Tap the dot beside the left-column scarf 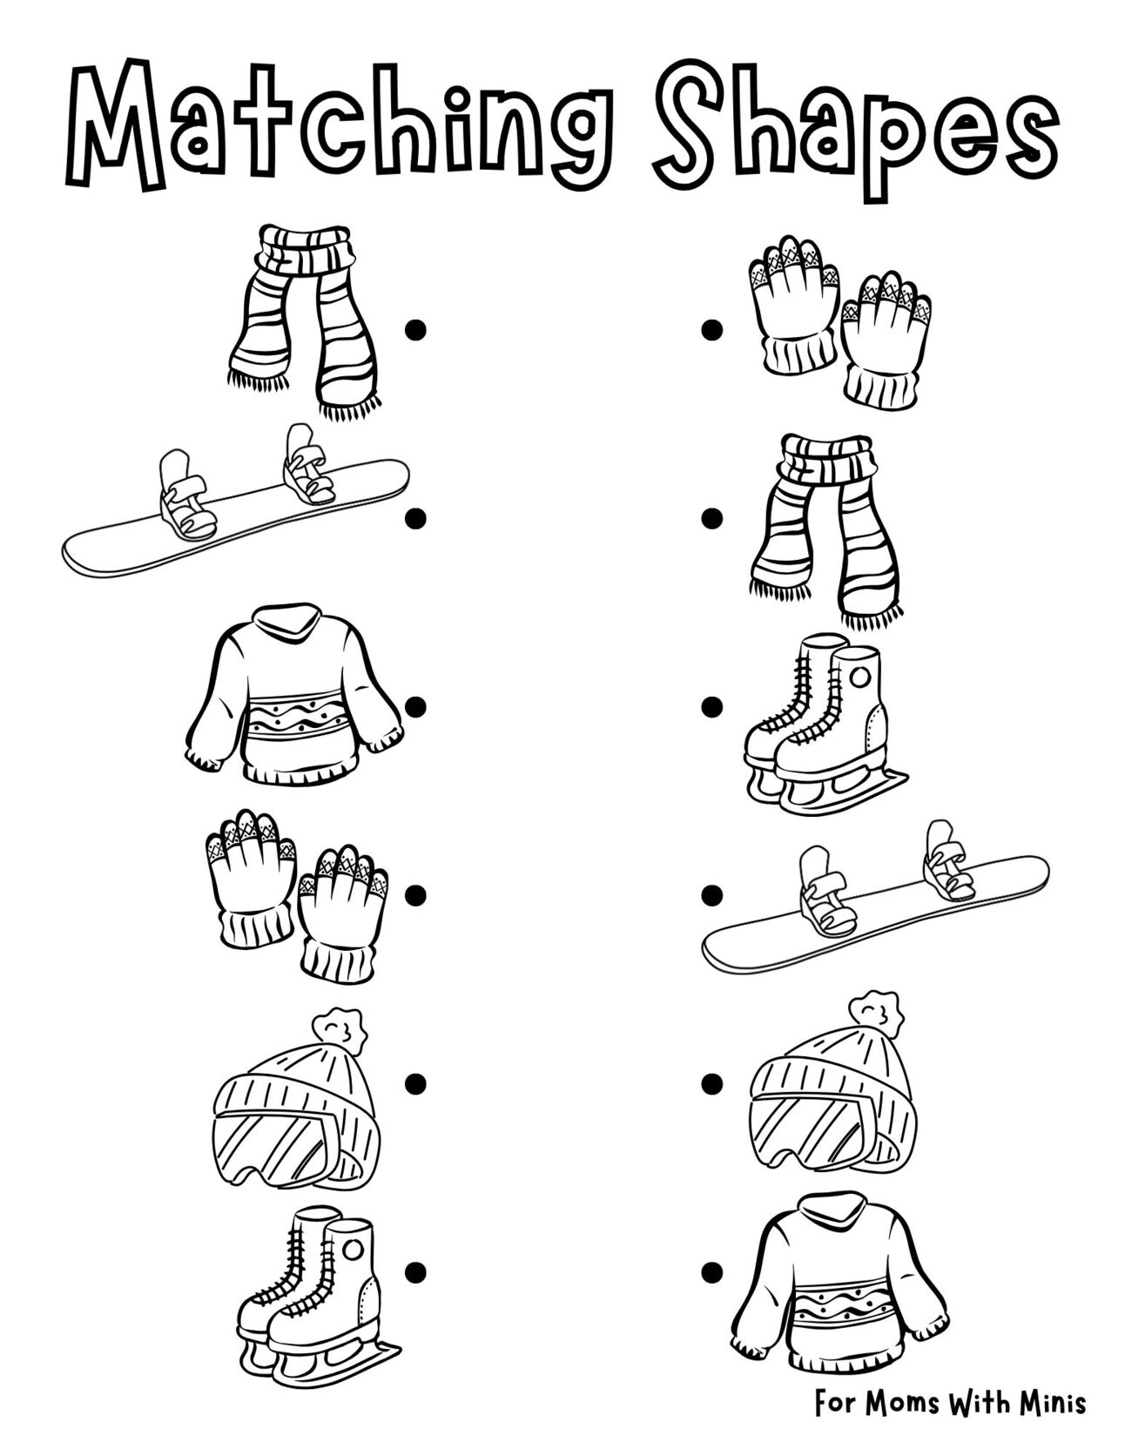(x=415, y=329)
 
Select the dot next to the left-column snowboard (x=415, y=517)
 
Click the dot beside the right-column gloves (x=711, y=329)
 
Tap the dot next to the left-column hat (x=415, y=1083)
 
